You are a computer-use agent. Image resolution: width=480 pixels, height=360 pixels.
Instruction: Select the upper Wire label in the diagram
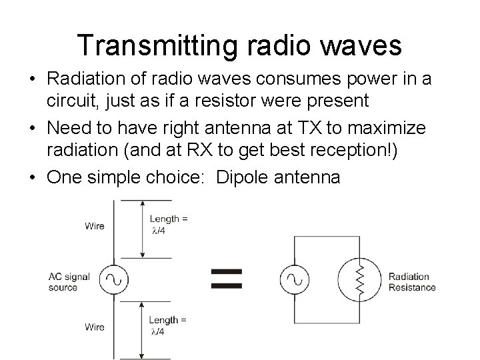point(95,226)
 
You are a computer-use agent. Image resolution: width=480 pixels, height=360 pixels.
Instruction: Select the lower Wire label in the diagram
point(95,327)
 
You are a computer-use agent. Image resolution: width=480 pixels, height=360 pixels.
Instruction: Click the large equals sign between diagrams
point(227,277)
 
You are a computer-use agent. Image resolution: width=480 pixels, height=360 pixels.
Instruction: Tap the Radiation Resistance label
point(411,282)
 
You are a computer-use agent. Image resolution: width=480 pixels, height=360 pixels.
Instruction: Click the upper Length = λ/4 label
point(168,224)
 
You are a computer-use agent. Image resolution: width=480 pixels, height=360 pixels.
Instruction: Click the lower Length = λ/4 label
point(167,326)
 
